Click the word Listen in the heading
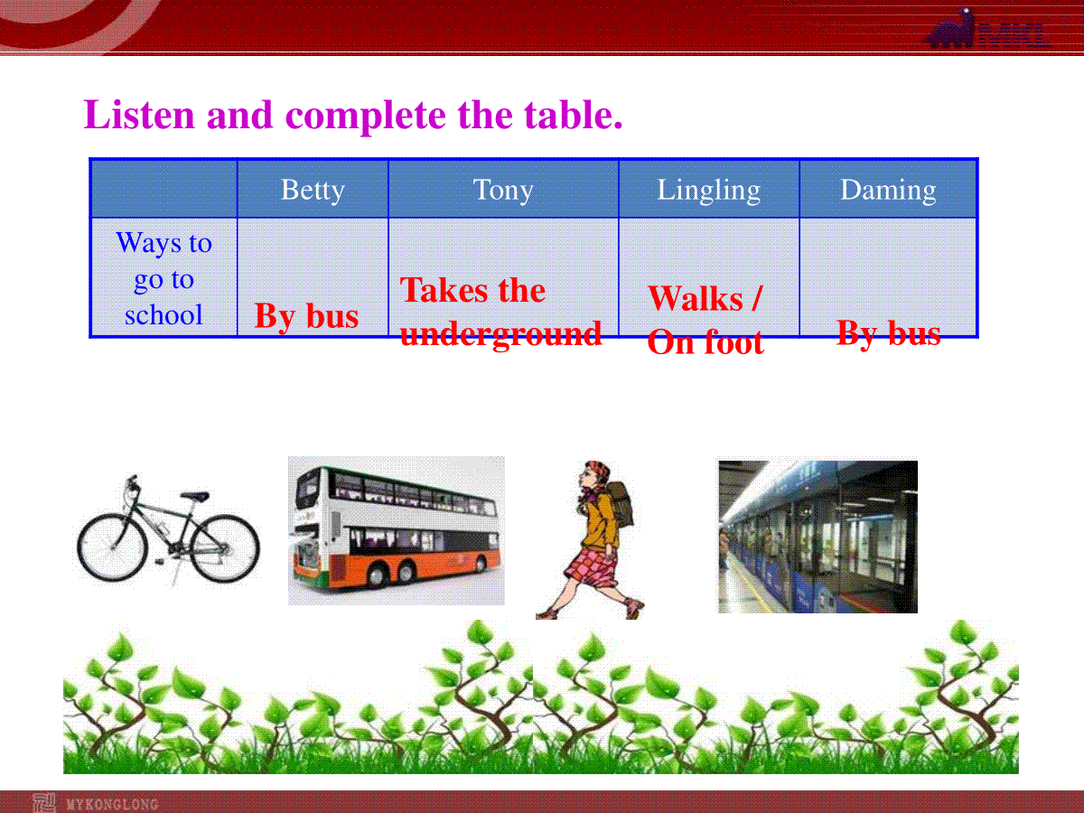point(139,115)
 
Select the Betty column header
point(313,190)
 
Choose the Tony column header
point(503,190)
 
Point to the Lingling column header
point(709,190)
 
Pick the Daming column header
point(888,190)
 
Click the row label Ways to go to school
point(164,278)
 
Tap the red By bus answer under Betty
point(306,316)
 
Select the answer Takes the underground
point(500,312)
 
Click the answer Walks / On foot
point(706,320)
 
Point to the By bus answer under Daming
point(889,333)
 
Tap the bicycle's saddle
point(194,496)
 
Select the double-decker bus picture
point(396,530)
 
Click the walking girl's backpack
point(621,503)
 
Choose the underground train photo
point(818,537)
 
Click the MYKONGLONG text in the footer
point(112,804)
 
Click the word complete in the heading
point(366,116)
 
